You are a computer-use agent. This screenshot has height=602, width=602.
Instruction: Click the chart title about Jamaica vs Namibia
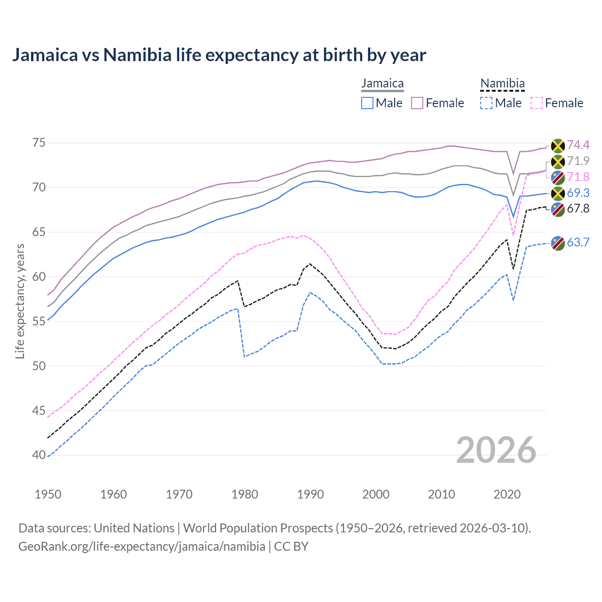(219, 55)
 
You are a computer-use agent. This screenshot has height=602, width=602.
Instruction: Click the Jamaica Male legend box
(367, 103)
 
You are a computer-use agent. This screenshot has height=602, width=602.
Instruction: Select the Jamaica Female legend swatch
(417, 103)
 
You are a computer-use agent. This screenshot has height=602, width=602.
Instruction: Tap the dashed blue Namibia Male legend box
(486, 103)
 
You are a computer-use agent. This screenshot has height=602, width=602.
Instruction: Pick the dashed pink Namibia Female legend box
(537, 103)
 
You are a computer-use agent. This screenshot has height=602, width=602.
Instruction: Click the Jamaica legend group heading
(382, 84)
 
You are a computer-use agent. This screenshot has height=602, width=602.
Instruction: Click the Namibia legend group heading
(502, 84)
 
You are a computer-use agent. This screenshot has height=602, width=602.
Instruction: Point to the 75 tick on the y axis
(39, 143)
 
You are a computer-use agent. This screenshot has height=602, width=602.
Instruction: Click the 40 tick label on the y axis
(39, 455)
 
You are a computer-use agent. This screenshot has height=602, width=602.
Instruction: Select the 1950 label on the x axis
(48, 494)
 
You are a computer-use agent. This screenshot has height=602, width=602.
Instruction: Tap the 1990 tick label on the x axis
(310, 494)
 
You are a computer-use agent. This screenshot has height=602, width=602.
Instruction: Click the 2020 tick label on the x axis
(507, 494)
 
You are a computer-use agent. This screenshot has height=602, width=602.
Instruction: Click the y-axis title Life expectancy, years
(20, 301)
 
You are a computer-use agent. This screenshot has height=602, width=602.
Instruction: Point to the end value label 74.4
(578, 145)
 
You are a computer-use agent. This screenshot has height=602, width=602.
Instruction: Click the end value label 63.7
(578, 243)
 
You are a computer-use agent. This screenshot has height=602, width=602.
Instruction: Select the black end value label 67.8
(578, 209)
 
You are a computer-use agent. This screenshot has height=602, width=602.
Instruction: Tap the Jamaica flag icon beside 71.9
(558, 162)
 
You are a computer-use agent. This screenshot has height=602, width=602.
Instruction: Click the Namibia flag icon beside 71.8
(558, 178)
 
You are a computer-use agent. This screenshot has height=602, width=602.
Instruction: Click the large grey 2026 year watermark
(496, 450)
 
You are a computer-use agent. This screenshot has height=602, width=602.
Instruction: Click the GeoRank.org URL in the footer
(142, 547)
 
